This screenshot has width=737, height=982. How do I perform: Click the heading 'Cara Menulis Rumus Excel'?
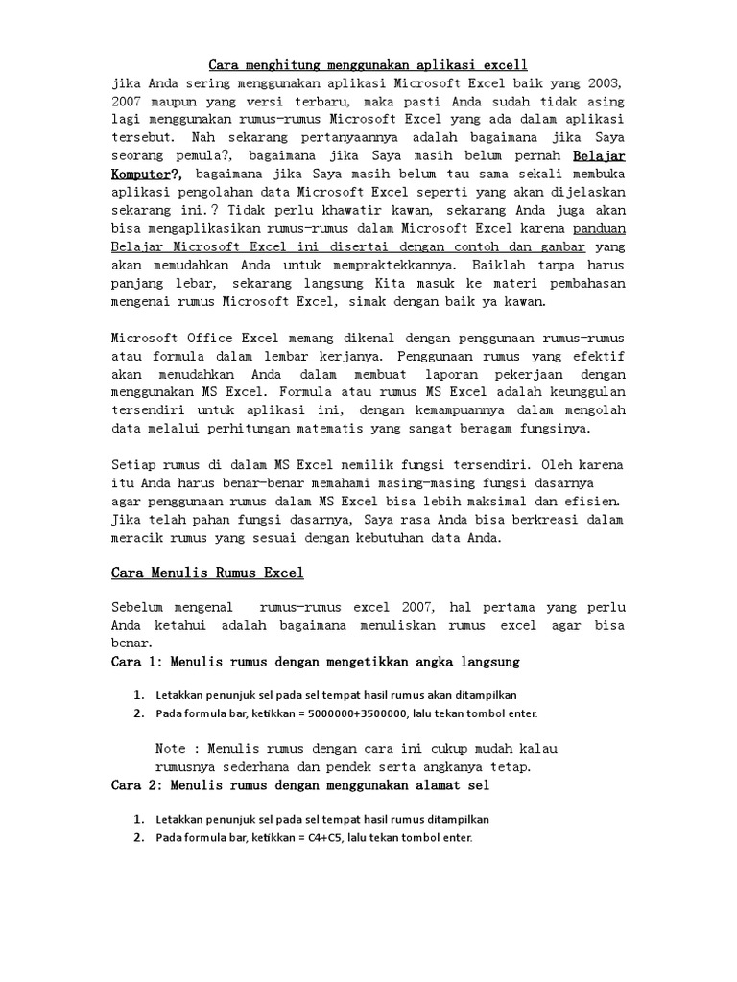pos(207,573)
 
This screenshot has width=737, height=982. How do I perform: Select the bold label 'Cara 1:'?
pos(137,662)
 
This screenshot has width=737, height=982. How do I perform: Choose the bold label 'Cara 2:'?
pos(137,785)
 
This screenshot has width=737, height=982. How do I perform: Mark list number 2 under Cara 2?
pos(139,837)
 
